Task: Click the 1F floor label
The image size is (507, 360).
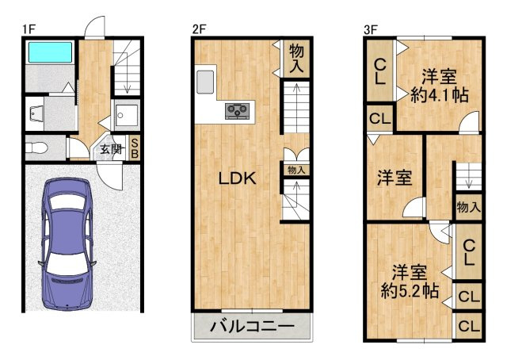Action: [x=29, y=29]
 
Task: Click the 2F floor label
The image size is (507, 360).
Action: [x=199, y=29]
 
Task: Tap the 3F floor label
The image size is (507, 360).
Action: [x=370, y=29]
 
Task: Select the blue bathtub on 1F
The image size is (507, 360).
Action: [x=49, y=53]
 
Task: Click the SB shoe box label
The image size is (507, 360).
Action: [x=135, y=148]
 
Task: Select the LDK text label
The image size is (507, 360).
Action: [x=238, y=179]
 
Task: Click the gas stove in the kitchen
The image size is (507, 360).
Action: [x=238, y=111]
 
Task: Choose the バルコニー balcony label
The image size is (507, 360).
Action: [x=253, y=327]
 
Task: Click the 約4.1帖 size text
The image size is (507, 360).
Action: [x=439, y=95]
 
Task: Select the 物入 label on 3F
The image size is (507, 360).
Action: [x=468, y=208]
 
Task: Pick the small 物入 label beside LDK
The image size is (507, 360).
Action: [x=296, y=170]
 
